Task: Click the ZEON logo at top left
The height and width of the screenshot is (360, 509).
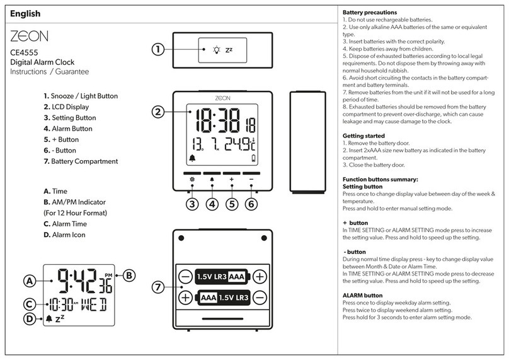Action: [x=29, y=36]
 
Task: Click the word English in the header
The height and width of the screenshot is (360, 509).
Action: [x=25, y=13]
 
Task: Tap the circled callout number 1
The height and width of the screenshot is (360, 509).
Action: [x=158, y=49]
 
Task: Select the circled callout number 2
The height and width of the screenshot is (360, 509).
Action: [x=158, y=112]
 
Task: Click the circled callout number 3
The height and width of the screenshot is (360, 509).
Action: [x=193, y=204]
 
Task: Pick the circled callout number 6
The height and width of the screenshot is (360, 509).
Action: [x=251, y=204]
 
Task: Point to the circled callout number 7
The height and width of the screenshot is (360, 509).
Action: [x=158, y=287]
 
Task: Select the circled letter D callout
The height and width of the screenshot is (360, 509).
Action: [x=29, y=319]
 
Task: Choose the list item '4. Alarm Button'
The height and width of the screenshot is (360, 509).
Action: [x=68, y=129]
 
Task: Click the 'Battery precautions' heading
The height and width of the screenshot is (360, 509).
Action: [x=369, y=13]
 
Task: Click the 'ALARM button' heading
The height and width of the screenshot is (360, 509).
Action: [x=362, y=295]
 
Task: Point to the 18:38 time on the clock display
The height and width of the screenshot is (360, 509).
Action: [x=217, y=119]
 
